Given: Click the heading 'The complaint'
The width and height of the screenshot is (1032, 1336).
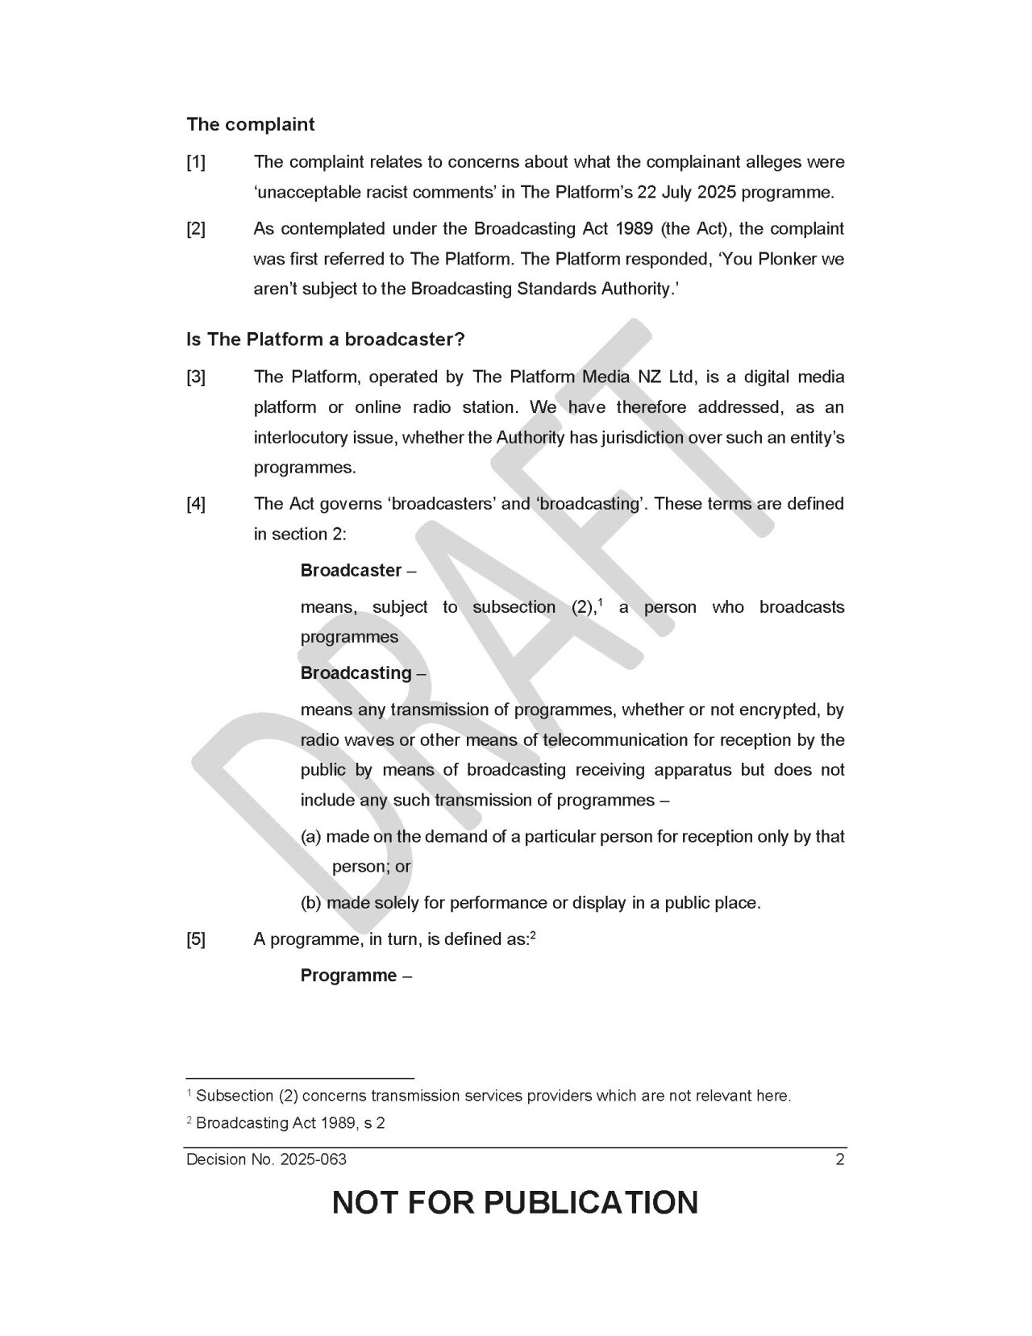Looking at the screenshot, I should tap(251, 125).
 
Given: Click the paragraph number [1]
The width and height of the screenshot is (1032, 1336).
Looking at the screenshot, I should tap(196, 162).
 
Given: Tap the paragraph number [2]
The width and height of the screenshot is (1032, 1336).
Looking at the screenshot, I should tap(196, 229).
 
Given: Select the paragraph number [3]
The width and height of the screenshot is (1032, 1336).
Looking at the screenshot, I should tap(196, 377).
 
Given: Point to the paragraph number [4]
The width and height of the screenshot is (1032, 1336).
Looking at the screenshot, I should tap(196, 504).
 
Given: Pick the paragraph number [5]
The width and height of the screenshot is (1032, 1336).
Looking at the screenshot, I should tap(196, 939).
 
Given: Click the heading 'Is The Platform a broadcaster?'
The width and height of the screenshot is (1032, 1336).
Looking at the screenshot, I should tap(326, 339).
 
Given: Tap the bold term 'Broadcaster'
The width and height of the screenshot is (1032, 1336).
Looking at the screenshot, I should tap(351, 571).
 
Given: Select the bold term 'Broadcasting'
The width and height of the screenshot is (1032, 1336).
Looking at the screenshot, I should tap(356, 673).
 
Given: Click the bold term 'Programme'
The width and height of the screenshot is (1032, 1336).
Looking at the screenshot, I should tap(348, 976).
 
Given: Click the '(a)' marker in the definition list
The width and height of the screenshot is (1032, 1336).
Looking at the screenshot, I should tap(310, 837).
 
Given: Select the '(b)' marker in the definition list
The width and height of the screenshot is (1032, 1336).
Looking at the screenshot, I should tap(310, 903).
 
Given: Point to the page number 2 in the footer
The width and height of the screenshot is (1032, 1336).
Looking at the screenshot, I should tap(840, 1160).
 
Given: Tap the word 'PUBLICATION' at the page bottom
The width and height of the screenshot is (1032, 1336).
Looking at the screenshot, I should tap(590, 1202).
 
